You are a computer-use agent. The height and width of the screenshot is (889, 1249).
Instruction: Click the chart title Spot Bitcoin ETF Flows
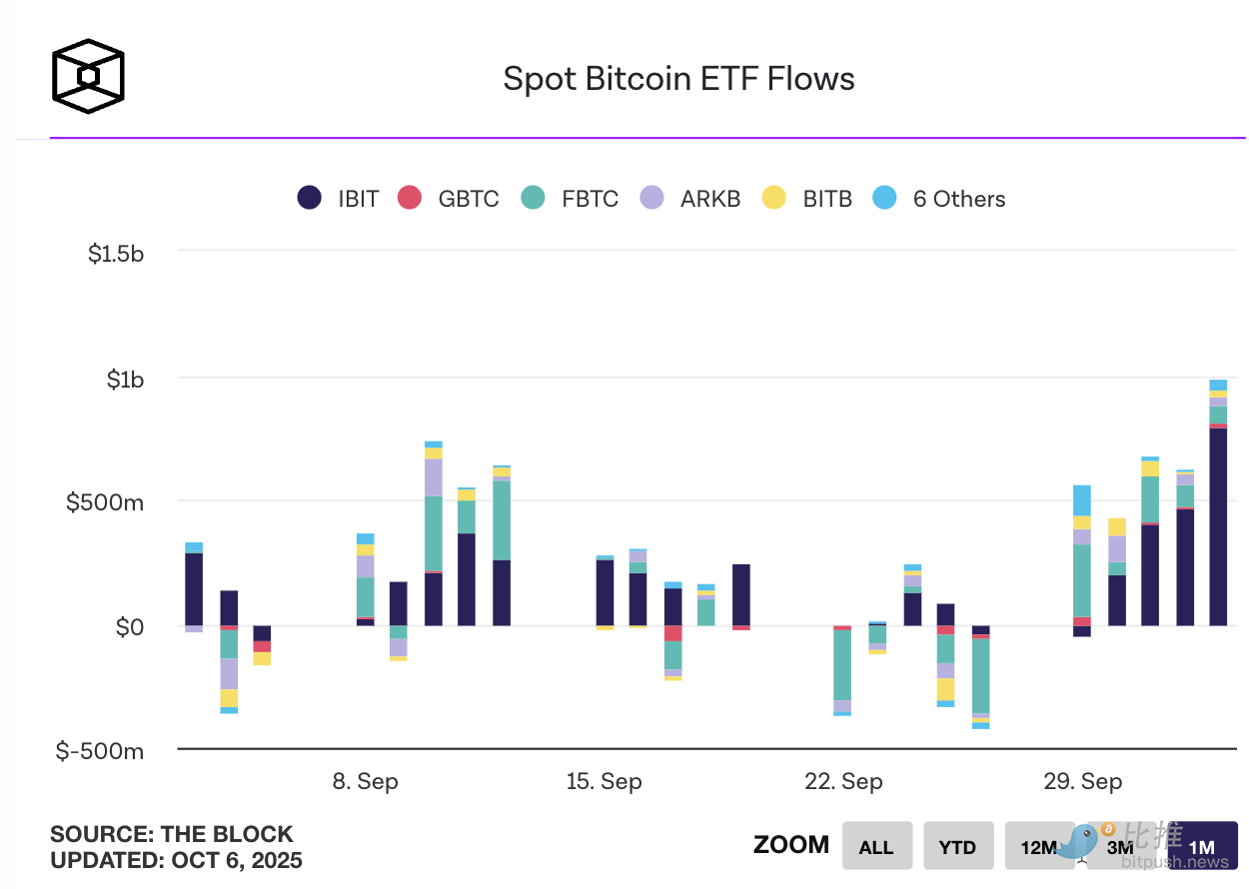(678, 79)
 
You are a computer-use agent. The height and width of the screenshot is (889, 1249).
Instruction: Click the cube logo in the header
(88, 75)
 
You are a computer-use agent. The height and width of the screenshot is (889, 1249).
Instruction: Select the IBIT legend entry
(340, 198)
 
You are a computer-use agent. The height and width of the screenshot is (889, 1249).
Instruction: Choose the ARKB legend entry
(691, 198)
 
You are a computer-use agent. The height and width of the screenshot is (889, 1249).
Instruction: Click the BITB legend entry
(807, 198)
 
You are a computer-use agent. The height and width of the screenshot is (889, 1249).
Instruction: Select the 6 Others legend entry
(939, 198)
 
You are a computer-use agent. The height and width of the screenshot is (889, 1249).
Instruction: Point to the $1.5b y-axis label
(116, 254)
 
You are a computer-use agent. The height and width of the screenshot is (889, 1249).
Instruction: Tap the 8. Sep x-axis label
(365, 781)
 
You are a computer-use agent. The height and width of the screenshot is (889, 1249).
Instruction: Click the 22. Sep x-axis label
(843, 781)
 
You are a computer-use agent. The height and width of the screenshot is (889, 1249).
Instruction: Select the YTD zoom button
(957, 846)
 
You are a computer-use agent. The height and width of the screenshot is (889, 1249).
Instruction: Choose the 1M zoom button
(1202, 846)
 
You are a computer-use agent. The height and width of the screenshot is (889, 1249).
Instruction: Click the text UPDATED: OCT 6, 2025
(176, 860)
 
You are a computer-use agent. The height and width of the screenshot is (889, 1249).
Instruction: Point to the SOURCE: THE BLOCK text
(172, 834)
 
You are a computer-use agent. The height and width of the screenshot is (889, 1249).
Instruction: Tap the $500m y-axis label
(105, 502)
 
